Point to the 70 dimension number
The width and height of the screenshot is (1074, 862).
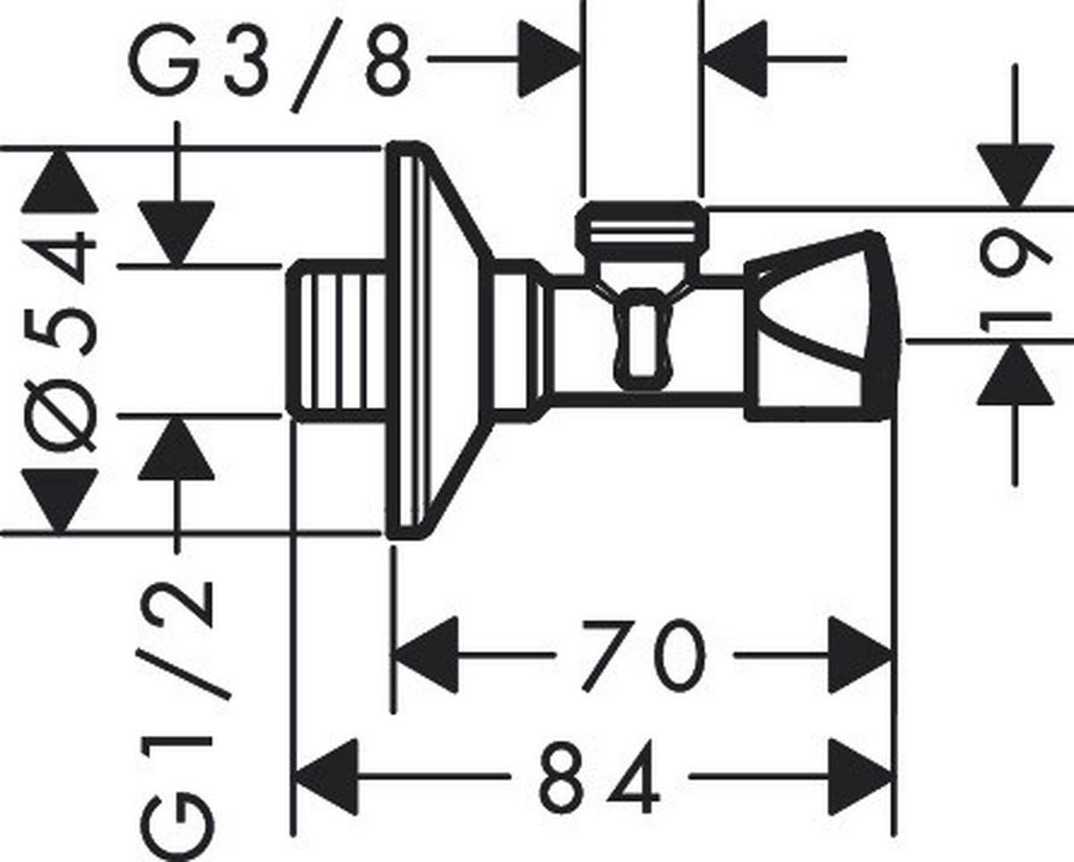(644, 656)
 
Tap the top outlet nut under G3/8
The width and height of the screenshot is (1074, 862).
(642, 226)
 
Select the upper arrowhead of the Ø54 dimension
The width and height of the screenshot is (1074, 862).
(60, 180)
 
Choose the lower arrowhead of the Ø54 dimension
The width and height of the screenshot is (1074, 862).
(60, 500)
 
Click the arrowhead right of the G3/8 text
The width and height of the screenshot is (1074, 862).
(550, 59)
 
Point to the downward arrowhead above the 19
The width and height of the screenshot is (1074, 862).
(1016, 175)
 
